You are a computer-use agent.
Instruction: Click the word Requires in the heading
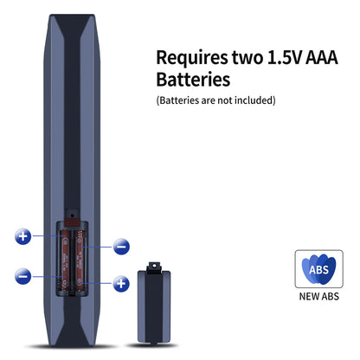pos(192,59)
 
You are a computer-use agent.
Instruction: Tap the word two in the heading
pos(247,57)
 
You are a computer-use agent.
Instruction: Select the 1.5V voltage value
pos(285,57)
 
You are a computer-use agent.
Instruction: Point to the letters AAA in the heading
pos(322,57)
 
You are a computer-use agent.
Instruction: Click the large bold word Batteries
pos(193,80)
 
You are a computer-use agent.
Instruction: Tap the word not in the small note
pos(225,100)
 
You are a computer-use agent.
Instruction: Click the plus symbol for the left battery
pos(23,236)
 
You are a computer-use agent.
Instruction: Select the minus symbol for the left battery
pos(22,276)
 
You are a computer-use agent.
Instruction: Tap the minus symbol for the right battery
pos(121,247)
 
